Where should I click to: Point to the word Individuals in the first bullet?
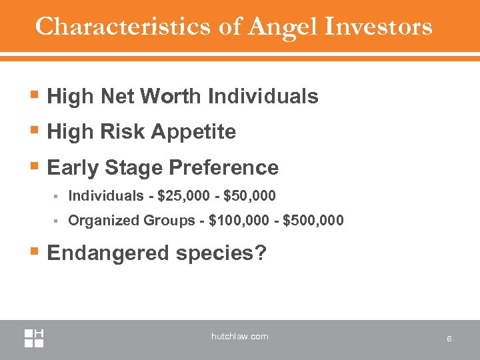(x=263, y=97)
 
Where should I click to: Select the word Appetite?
(x=195, y=132)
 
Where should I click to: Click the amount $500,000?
(x=313, y=220)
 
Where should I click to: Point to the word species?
(x=217, y=253)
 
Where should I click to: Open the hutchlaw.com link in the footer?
(x=239, y=337)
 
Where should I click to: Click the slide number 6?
(x=449, y=339)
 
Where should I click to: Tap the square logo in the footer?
(x=34, y=338)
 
